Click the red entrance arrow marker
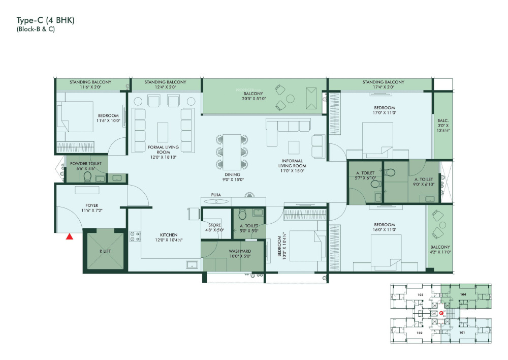click(70, 235)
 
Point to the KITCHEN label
click(169, 235)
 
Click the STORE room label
click(214, 225)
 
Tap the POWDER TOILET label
click(86, 163)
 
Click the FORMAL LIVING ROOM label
click(163, 149)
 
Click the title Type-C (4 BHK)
click(46, 20)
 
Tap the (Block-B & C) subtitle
click(36, 29)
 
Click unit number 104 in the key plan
click(463, 294)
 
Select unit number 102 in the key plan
click(420, 333)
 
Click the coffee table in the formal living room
click(163, 132)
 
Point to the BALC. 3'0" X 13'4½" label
click(441, 125)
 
